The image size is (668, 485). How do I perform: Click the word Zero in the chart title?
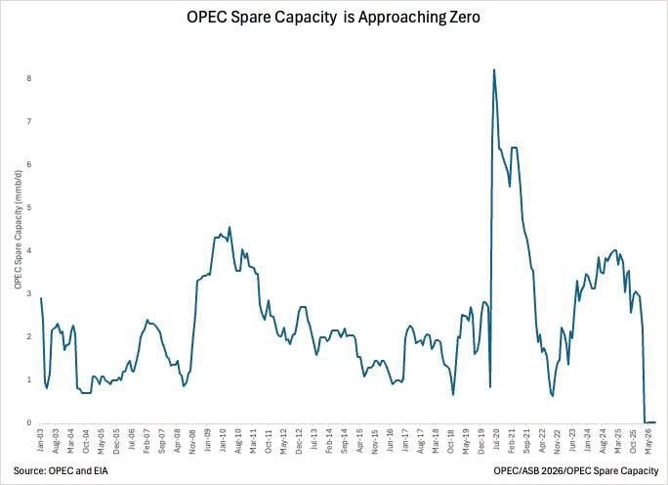[463, 17]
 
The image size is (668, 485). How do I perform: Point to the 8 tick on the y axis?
[29, 79]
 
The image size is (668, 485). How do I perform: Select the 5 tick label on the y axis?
[29, 207]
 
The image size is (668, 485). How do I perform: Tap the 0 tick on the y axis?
[29, 422]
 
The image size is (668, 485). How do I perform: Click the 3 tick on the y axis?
[29, 294]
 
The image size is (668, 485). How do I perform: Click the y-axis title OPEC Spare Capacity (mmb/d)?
[18, 228]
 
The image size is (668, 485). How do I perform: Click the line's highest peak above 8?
[494, 69]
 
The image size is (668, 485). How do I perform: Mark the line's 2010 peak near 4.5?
[230, 227]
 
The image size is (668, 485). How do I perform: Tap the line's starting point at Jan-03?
[41, 298]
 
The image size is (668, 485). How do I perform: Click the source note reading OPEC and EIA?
[61, 471]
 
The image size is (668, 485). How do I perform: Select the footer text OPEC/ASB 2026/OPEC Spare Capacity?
[576, 471]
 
